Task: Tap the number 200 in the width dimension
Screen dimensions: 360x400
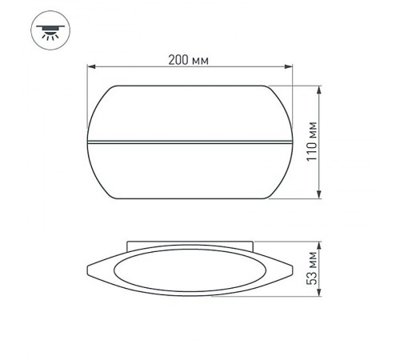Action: point(179,59)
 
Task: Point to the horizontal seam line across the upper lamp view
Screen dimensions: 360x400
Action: point(191,142)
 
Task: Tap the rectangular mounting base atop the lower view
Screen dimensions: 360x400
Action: point(191,243)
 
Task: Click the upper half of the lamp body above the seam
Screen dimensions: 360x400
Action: point(191,112)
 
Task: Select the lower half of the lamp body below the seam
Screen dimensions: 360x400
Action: point(191,172)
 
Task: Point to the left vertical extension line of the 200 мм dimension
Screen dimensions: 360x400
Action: point(88,96)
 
